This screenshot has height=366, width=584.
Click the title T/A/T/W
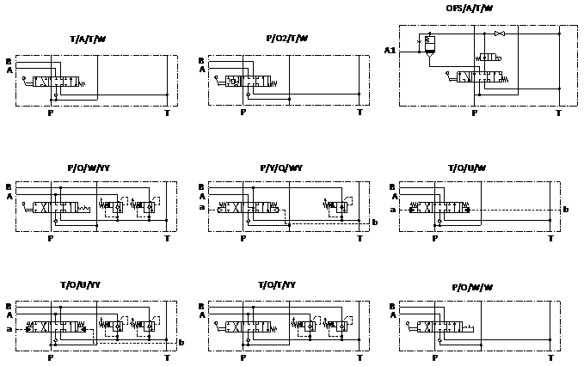coord(88,40)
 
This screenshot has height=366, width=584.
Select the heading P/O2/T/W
coord(286,39)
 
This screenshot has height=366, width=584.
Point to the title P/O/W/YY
coord(89,168)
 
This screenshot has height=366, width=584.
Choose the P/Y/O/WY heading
coord(281,168)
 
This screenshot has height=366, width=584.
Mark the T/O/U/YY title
coord(81,284)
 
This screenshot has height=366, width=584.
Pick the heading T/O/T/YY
coord(277,284)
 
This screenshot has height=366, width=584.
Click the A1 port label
coord(390,52)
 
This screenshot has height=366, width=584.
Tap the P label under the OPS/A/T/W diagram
coord(474,113)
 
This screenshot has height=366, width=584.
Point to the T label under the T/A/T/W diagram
coord(167,113)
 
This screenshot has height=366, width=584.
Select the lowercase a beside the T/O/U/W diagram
coord(393,210)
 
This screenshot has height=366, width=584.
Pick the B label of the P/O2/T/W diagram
coord(201,61)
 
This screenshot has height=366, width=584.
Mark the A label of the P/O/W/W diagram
coord(394,315)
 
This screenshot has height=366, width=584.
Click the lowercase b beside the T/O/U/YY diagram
coord(181,342)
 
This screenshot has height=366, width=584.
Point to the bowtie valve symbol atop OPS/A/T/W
coord(499,34)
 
